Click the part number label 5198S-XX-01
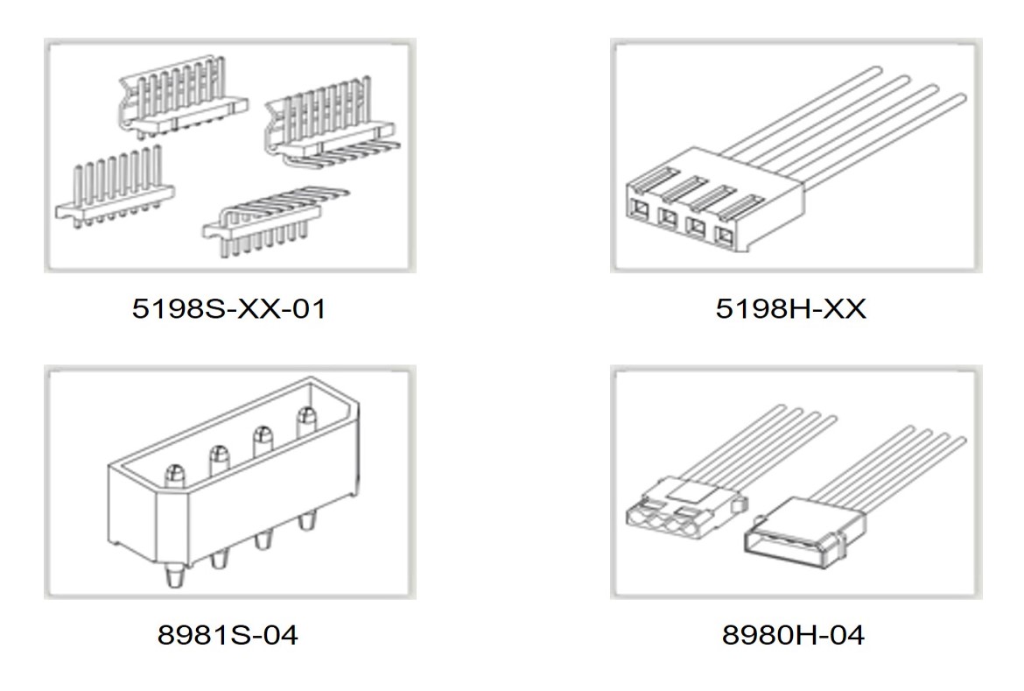(228, 309)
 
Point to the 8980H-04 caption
(793, 635)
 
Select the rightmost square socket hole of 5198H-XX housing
(724, 236)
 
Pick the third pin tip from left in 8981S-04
(262, 435)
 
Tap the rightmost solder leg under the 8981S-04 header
(305, 520)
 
